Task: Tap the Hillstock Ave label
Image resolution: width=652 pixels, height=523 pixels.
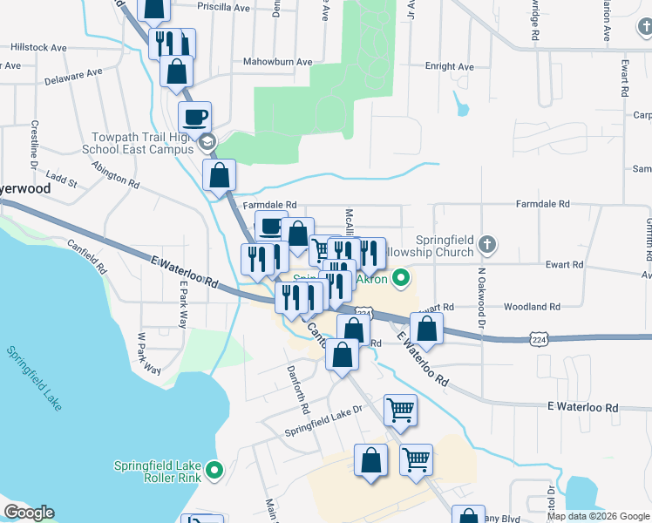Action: point(38,48)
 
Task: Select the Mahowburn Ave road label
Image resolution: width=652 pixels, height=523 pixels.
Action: point(277,62)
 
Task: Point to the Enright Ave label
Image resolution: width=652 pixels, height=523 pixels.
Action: point(449,66)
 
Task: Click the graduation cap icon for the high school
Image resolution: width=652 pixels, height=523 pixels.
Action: point(207,142)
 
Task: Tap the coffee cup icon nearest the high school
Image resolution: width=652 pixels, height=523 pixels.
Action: point(194,116)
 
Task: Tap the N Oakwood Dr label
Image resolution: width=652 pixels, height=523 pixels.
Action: point(480,302)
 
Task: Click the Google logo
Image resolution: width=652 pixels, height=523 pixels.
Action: point(29,513)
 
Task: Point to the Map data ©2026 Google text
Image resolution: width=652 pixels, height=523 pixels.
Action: point(598,516)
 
